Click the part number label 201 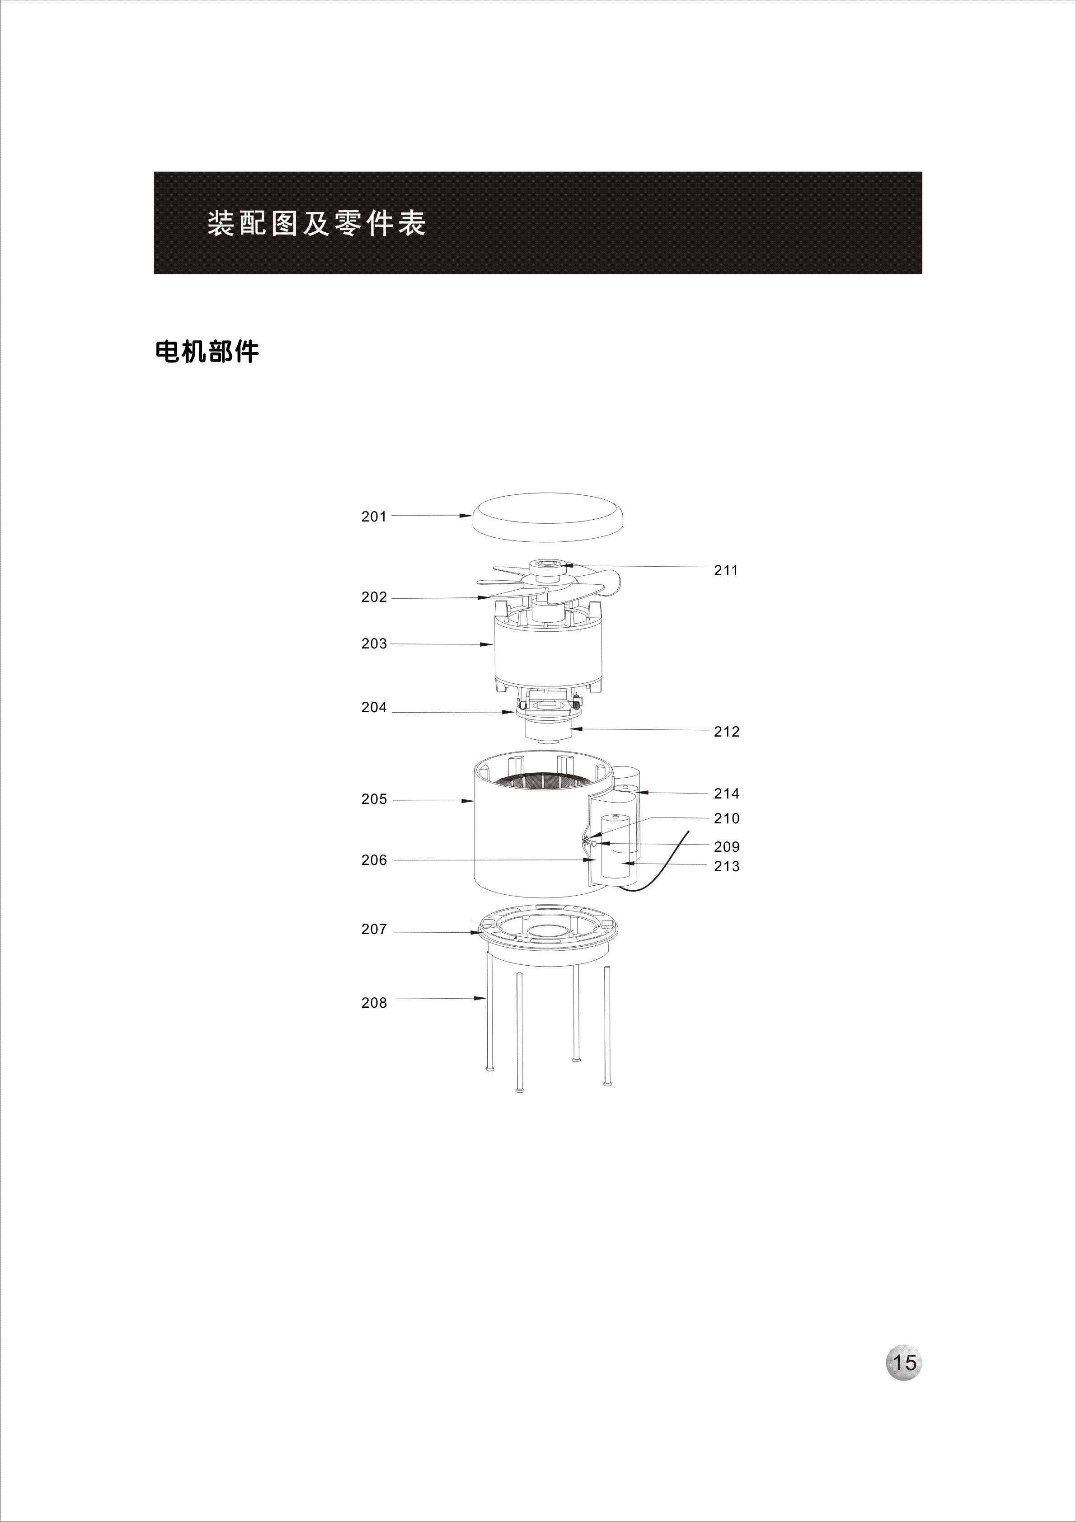coord(374,517)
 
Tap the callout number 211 coord(726,570)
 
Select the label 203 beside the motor coord(374,644)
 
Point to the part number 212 coord(727,732)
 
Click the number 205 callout coord(374,799)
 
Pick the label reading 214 coord(727,794)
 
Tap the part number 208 coord(374,1003)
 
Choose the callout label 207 coord(374,930)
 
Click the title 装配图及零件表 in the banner coord(316,223)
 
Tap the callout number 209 coord(727,847)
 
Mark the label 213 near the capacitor coord(727,866)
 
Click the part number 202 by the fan coord(374,597)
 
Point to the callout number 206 coord(374,860)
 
